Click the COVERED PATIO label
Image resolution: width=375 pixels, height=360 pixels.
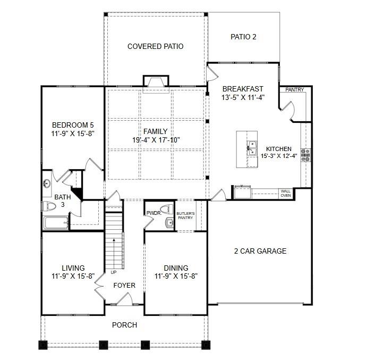coord(155,46)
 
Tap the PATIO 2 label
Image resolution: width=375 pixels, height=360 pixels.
coord(243,37)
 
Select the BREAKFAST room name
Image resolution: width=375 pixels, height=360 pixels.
coord(243,89)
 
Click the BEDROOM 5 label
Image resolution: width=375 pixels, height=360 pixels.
coord(73,125)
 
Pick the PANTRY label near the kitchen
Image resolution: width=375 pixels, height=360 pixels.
coord(294,90)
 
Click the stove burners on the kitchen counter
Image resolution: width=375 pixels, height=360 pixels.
coord(306,155)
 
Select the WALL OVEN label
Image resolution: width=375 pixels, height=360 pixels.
coord(285,193)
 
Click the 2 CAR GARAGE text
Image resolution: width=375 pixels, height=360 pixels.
coord(260,251)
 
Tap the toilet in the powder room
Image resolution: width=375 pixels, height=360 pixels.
coord(165,208)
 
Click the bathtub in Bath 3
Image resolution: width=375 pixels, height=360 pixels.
coord(56,222)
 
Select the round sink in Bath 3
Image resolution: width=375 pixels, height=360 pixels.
coord(47,184)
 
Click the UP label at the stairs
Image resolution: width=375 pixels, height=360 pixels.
coord(114,272)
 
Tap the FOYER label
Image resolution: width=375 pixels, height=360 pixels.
coord(124,286)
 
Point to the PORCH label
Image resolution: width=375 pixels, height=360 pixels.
coord(124,325)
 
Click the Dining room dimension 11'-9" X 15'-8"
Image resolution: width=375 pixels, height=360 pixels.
coord(176,277)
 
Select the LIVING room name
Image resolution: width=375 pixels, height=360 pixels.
coord(73,269)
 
